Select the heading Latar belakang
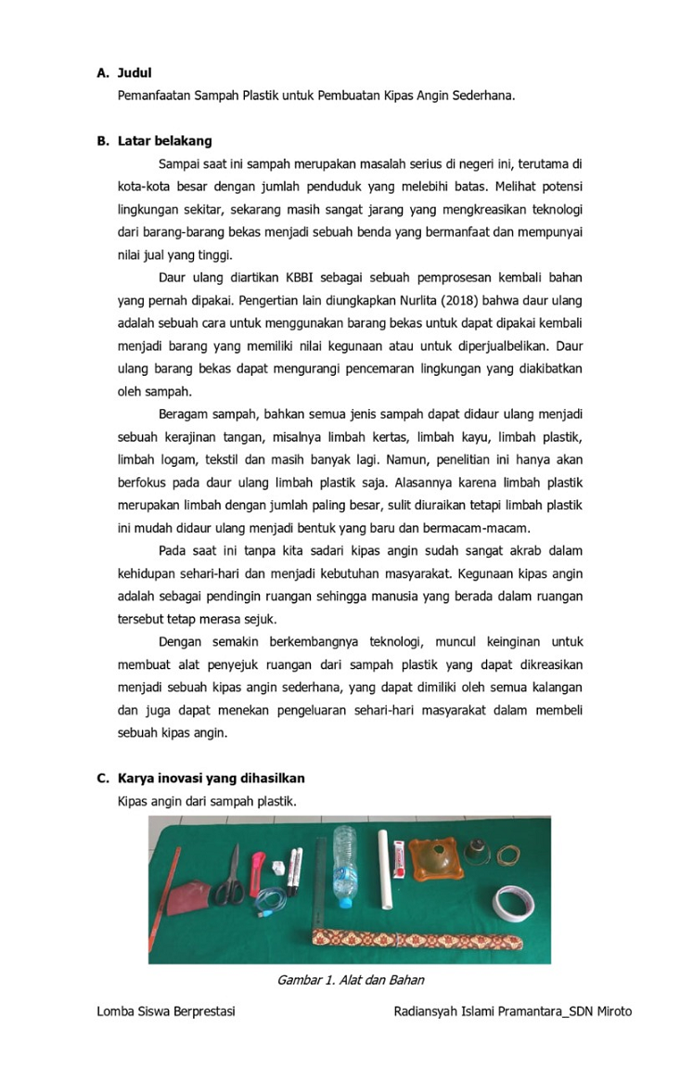(x=164, y=141)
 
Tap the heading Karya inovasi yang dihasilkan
(x=211, y=778)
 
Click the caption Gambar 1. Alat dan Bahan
(x=350, y=980)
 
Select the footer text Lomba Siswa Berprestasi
(x=165, y=1011)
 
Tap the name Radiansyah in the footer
(x=424, y=1011)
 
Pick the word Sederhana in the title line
(x=482, y=95)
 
